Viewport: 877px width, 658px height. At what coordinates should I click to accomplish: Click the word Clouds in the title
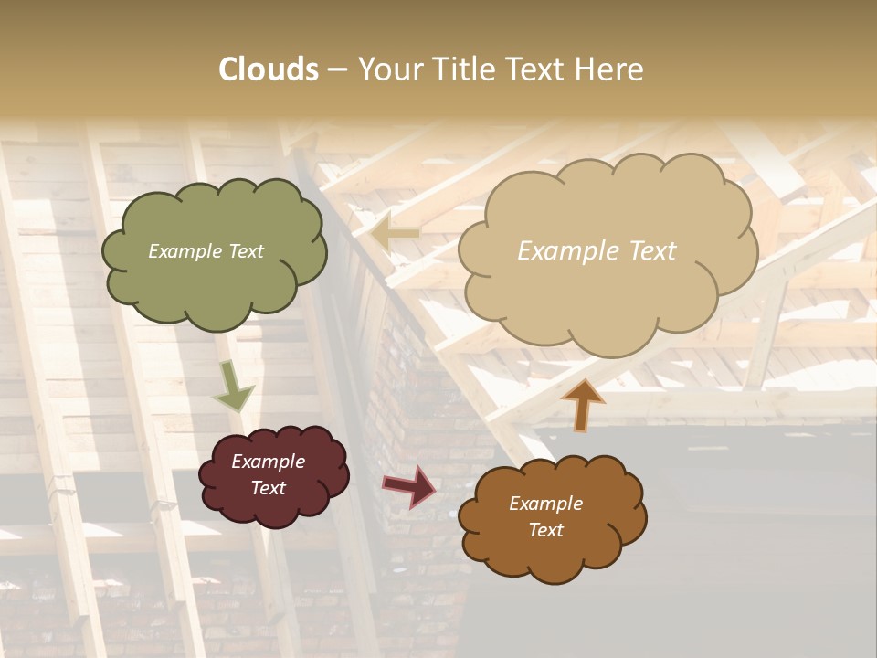(x=269, y=69)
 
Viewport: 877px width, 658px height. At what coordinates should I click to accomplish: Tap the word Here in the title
(x=609, y=69)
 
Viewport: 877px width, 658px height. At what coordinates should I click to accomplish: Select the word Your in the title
(x=392, y=69)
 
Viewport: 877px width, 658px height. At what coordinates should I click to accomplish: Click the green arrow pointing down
(x=233, y=387)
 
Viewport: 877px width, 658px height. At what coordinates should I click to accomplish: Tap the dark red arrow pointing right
(x=410, y=486)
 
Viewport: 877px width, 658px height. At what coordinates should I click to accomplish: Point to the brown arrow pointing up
(x=583, y=404)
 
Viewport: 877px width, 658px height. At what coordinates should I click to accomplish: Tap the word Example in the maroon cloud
(x=268, y=462)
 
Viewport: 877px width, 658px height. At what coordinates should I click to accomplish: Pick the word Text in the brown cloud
(x=545, y=530)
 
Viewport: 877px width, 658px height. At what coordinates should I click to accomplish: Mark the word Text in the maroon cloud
(x=268, y=488)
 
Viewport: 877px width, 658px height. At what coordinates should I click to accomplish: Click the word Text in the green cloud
(x=246, y=251)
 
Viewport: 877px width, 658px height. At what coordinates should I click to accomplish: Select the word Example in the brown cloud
(x=545, y=504)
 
